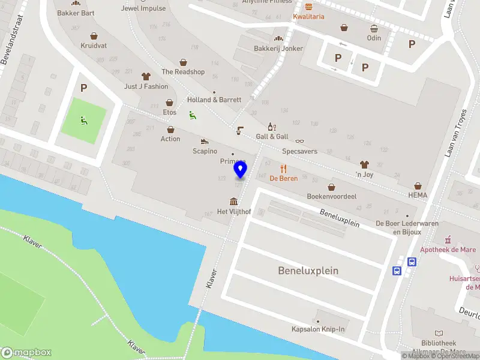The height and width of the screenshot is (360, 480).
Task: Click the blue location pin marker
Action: (x=240, y=170)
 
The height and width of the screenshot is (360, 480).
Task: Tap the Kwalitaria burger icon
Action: (x=308, y=7)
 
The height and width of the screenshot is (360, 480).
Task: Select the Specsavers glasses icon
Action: (x=299, y=141)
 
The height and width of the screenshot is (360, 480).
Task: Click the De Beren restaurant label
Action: (x=284, y=178)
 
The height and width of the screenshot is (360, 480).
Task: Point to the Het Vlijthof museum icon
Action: (x=233, y=201)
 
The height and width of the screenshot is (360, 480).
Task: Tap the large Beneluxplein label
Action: (x=308, y=271)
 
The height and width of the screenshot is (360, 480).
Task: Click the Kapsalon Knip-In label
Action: (x=319, y=329)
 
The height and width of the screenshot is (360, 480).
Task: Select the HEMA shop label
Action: (x=417, y=196)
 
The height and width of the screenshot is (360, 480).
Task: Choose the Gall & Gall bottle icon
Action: (x=272, y=127)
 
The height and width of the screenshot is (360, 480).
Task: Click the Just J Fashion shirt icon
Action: (x=146, y=76)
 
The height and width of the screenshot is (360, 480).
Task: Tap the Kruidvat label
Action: (x=94, y=46)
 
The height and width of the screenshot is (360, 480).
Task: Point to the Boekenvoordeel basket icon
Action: (x=332, y=186)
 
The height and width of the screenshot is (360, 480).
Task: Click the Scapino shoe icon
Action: (x=205, y=142)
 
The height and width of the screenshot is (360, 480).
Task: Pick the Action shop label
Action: (x=170, y=139)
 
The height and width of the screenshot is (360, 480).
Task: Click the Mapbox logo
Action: (x=26, y=353)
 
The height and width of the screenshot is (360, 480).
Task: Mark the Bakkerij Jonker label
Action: (x=278, y=49)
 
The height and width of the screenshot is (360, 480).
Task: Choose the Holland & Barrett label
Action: (x=214, y=100)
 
